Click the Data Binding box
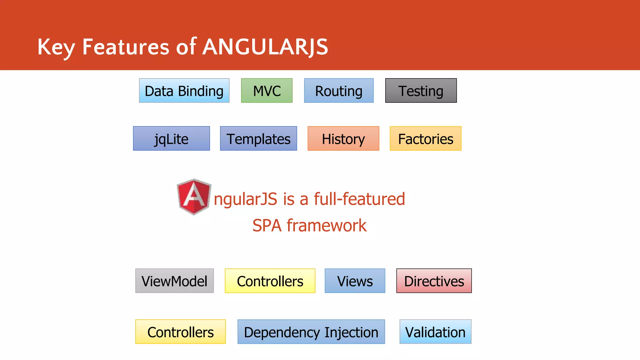coord(184,91)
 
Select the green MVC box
coord(267,91)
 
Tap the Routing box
coord(339,91)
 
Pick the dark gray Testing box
coord(421,91)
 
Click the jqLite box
coord(171,138)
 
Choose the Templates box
coord(258,138)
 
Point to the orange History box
coord(343,138)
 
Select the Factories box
coord(425,138)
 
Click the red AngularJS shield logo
coord(194,197)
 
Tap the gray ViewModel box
coord(174,281)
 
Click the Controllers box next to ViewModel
coord(270,281)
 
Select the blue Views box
coord(355,281)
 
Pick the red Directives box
coord(434,281)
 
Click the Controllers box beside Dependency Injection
coord(180,332)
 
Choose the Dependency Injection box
coord(311,332)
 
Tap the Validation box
coord(435,332)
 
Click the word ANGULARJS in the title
coord(265,47)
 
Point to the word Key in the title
coord(56,47)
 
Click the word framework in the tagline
coord(327,225)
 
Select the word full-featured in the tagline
coord(359,199)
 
